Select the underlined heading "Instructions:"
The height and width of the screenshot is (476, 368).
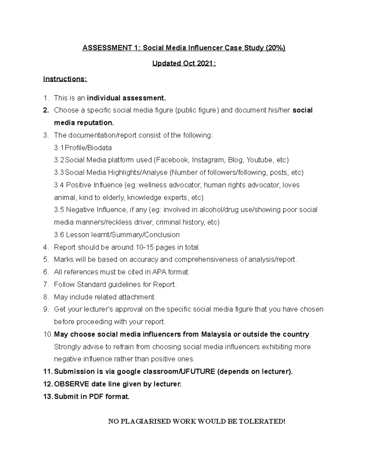point(65,79)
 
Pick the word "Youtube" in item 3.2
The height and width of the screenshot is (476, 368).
point(259,160)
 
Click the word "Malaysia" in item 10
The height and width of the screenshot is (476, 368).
point(216,334)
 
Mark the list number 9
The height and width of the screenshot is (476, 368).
point(46,310)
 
